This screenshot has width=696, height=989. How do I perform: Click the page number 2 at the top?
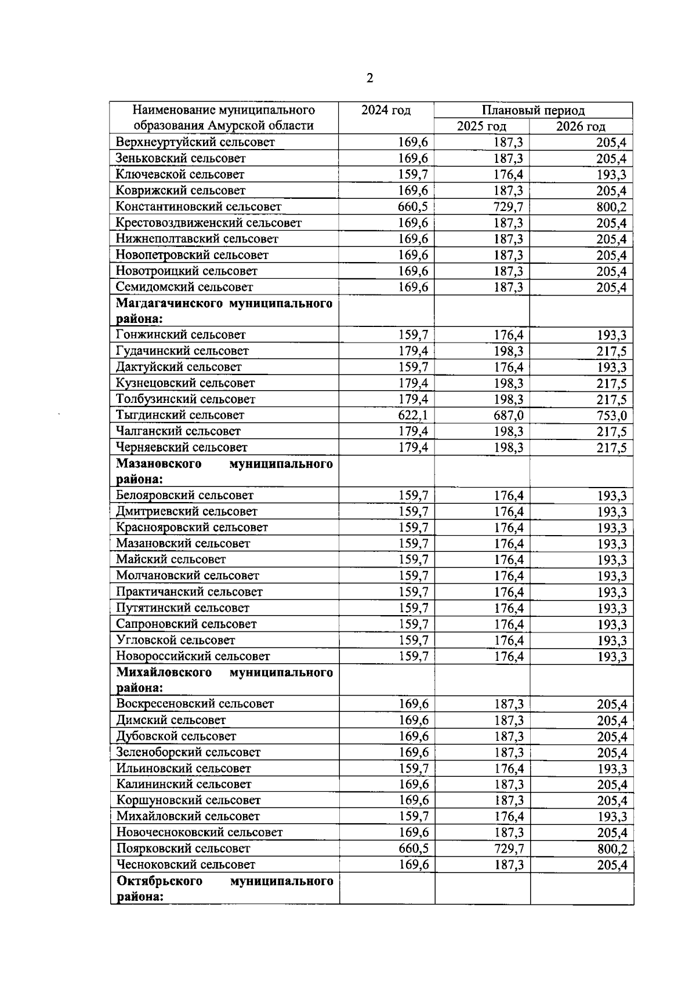(x=370, y=78)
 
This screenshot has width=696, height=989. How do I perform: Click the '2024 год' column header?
(x=386, y=110)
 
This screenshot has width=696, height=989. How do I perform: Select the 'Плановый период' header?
(x=533, y=110)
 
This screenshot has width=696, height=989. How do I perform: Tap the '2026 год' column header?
(x=581, y=126)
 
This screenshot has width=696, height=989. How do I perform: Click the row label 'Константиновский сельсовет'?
(x=198, y=206)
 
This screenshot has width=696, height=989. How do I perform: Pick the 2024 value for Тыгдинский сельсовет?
(x=413, y=415)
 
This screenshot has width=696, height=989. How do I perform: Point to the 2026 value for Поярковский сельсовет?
(x=612, y=849)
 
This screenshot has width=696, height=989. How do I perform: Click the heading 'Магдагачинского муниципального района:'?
(x=224, y=311)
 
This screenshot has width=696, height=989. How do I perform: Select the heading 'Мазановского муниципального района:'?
(x=224, y=471)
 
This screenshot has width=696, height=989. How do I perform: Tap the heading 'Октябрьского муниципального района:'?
(x=224, y=889)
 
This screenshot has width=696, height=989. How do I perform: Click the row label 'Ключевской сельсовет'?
(x=180, y=174)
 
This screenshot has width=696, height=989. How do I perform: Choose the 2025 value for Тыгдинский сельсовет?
(x=508, y=415)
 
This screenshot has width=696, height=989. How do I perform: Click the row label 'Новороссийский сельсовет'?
(x=193, y=656)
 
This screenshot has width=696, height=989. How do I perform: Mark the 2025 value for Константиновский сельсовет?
(x=508, y=207)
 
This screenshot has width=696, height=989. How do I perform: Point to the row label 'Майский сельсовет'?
(x=171, y=559)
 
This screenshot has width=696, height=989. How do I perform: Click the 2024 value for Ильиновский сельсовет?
(x=414, y=769)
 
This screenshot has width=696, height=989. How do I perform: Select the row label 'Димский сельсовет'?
(x=171, y=720)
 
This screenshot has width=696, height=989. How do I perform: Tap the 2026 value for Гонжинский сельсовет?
(x=612, y=335)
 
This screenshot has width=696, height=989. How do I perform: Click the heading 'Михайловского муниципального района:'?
(x=224, y=680)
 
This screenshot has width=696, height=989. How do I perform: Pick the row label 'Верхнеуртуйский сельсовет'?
(x=195, y=142)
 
